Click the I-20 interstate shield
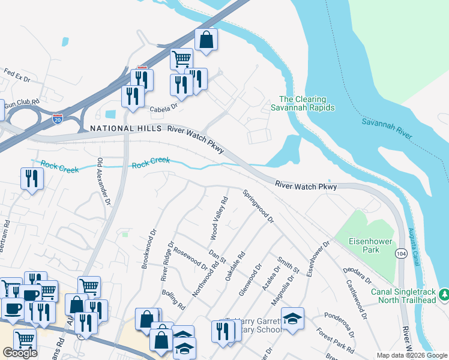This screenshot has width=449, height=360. [x=58, y=119]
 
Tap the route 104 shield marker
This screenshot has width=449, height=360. [x=400, y=254]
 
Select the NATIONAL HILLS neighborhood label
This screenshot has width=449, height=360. [x=125, y=129]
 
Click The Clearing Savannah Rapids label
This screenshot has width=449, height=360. [x=307, y=103]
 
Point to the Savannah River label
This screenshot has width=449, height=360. [x=387, y=129]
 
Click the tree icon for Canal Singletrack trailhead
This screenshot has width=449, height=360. [x=444, y=295]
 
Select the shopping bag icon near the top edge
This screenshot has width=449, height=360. [x=206, y=40]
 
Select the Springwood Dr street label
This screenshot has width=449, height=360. [x=258, y=207]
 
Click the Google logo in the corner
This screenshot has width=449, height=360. [x=20, y=353]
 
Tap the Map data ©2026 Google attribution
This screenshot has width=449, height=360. [x=411, y=355]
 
